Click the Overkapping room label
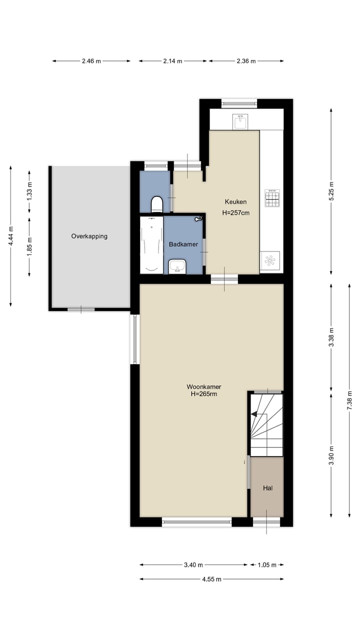click(x=89, y=236)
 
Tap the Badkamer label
click(x=183, y=244)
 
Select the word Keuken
click(x=235, y=202)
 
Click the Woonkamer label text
click(x=204, y=386)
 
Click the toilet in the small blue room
click(x=156, y=204)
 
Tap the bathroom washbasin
click(x=177, y=266)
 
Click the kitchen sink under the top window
click(x=240, y=121)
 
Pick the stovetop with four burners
click(x=272, y=197)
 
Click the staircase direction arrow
click(x=255, y=414)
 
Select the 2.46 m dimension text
click(x=91, y=61)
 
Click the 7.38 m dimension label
click(x=349, y=400)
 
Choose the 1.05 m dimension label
click(x=266, y=565)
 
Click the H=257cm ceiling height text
click(x=236, y=212)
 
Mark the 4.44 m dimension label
click(x=11, y=236)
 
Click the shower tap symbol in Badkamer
click(x=199, y=218)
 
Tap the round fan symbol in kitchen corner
click(x=270, y=260)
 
